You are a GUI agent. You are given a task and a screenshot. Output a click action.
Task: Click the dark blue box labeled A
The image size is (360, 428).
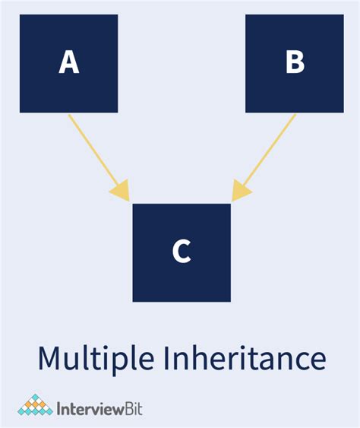click(68, 64)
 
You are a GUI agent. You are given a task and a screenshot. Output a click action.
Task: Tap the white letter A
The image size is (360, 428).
click(69, 62)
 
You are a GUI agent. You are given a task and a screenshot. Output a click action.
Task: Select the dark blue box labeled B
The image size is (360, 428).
click(295, 64)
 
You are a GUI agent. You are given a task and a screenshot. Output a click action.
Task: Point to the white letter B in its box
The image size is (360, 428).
click(295, 62)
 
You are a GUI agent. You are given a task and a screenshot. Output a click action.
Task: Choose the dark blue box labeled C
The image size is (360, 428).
click(182, 252)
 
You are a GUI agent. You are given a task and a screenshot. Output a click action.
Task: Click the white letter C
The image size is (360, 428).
click(182, 251)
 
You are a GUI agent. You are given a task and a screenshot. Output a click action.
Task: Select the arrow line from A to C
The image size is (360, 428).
click(99, 158)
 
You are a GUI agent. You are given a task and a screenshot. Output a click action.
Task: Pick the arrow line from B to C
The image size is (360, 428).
click(264, 157)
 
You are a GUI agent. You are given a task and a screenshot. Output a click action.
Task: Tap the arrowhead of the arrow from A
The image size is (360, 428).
click(121, 191)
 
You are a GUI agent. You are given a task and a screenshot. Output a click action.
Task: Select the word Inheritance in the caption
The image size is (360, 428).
click(249, 357)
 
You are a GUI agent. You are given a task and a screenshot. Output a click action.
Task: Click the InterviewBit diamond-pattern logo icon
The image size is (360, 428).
click(35, 404)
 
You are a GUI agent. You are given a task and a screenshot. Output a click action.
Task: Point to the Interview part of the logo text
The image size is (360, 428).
click(90, 409)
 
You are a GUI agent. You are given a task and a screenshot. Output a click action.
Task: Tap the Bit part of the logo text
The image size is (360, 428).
click(134, 409)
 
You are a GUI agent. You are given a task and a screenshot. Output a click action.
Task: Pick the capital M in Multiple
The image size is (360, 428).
click(50, 358)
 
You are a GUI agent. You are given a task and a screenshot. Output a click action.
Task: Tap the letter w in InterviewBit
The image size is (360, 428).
click(115, 411)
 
